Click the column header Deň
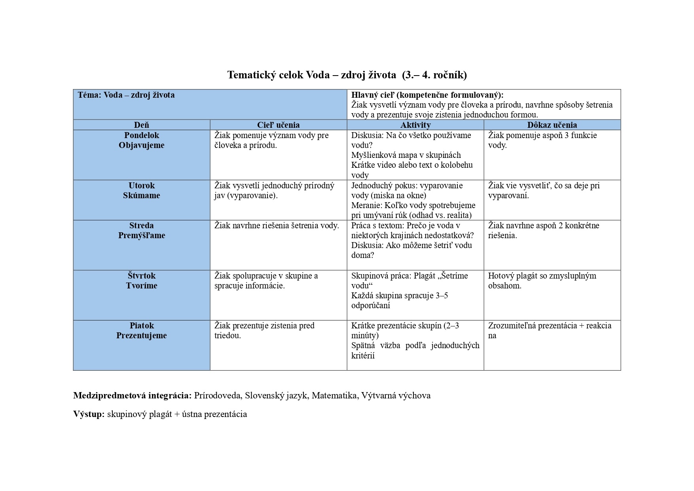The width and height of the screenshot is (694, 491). pyautogui.click(x=141, y=125)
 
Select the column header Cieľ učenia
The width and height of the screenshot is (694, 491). pyautogui.click(x=278, y=125)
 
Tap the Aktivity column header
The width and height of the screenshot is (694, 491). pyautogui.click(x=415, y=125)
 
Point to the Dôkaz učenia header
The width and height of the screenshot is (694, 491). pyautogui.click(x=552, y=125)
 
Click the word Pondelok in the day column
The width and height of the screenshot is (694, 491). pyautogui.click(x=141, y=135)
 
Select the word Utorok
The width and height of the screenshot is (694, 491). pyautogui.click(x=141, y=186)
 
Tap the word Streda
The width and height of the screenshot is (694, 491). pyautogui.click(x=141, y=226)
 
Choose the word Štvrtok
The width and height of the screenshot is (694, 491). pyautogui.click(x=141, y=276)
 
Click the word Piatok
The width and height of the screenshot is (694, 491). pyautogui.click(x=141, y=326)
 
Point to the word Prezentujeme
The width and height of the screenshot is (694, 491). pyautogui.click(x=141, y=336)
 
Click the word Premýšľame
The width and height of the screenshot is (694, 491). pyautogui.click(x=141, y=235)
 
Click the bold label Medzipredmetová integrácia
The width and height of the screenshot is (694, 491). pyautogui.click(x=132, y=395)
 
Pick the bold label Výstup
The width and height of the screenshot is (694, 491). pyautogui.click(x=89, y=414)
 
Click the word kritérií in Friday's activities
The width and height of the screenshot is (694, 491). pyautogui.click(x=363, y=355)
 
